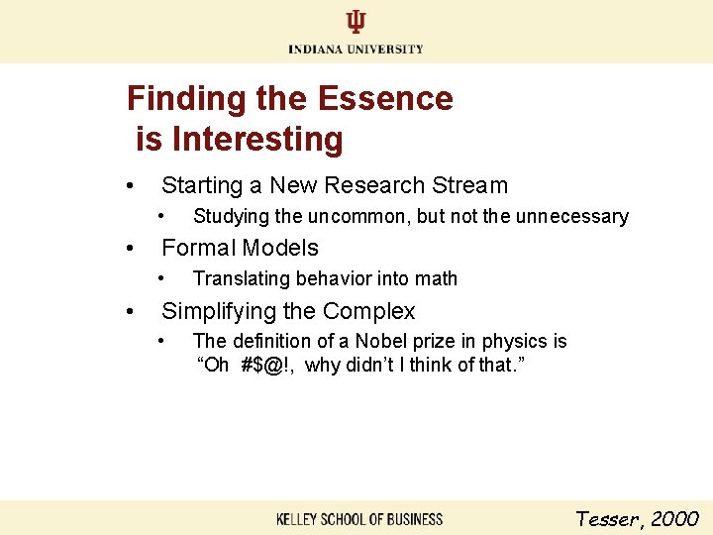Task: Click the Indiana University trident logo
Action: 356,23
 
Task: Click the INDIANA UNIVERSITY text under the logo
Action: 356,49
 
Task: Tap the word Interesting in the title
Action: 257,140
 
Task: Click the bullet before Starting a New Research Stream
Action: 129,186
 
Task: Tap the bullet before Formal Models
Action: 129,249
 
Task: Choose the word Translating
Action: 239,278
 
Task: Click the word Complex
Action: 368,311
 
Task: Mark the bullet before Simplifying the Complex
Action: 129,312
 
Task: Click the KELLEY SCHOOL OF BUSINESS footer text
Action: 359,519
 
